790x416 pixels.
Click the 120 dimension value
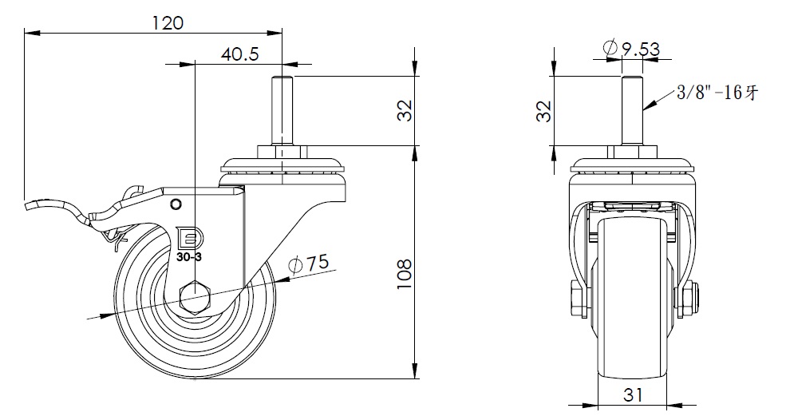[168, 22]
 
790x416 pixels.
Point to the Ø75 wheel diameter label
[306, 264]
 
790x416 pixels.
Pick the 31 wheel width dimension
[634, 394]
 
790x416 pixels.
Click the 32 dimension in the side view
[405, 110]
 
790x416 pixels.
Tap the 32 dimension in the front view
[543, 110]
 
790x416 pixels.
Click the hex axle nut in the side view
[196, 299]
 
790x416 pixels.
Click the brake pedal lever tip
[32, 206]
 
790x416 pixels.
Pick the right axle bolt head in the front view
[689, 299]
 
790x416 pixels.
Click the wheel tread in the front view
[634, 319]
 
